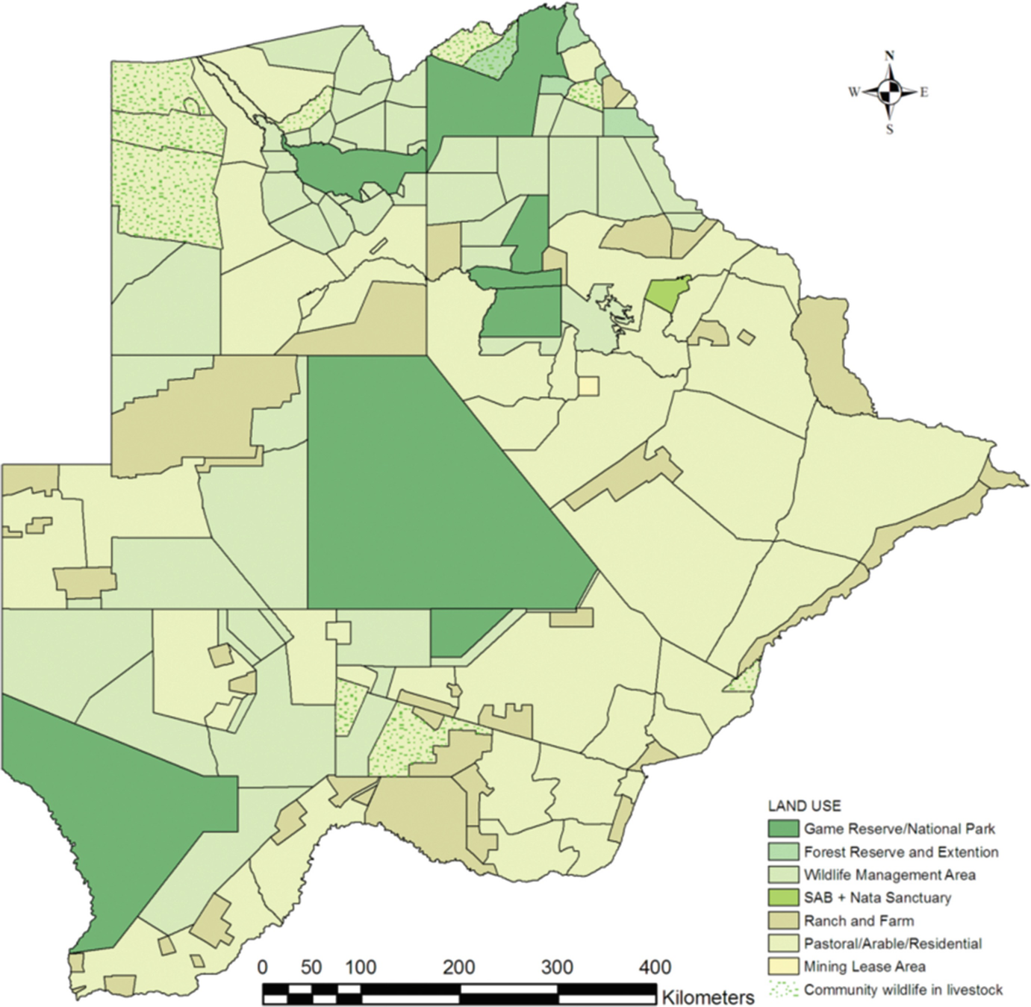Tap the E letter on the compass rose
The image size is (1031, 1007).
coord(923,93)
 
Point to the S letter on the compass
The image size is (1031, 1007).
coord(889,129)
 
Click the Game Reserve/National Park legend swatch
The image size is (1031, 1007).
coord(783,829)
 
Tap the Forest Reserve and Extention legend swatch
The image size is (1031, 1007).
coord(783,852)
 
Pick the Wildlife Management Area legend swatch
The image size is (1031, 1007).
coord(783,875)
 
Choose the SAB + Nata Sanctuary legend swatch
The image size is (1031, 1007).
coord(783,897)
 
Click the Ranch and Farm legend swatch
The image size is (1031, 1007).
coord(783,920)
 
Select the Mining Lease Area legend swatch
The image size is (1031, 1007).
coord(783,967)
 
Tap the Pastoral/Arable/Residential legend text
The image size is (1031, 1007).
coord(892,944)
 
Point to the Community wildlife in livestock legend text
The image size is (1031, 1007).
coord(903,990)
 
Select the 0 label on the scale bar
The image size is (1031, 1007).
coord(262,967)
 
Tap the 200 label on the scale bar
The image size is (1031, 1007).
coord(458,967)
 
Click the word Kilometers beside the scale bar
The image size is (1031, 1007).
coord(707,997)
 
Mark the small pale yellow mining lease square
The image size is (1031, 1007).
coord(588,386)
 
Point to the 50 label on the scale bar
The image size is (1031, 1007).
coord(311,967)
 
